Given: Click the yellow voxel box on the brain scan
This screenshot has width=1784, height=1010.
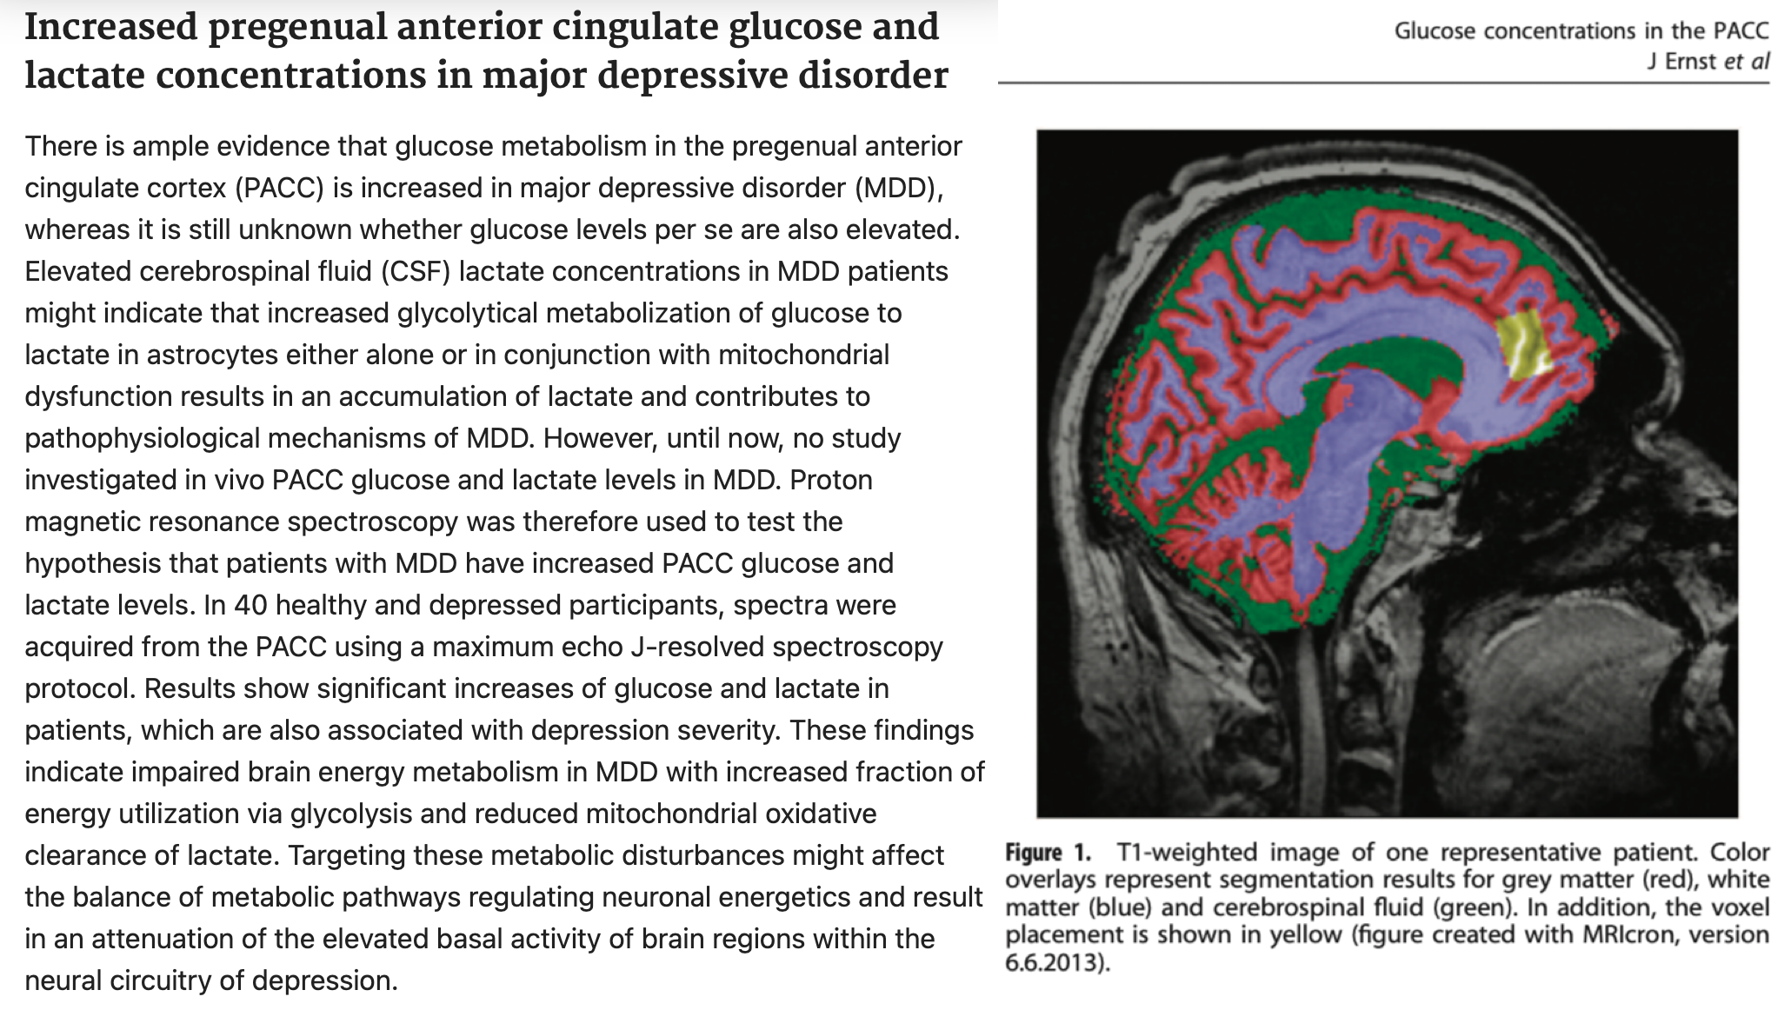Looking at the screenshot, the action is pos(1524,346).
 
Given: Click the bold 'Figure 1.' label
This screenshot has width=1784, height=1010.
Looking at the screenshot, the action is pos(1047,852).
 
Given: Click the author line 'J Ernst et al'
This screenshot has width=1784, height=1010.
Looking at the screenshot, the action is pos(1708,61).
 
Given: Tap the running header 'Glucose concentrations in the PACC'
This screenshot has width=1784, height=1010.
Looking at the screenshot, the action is pos(1581,30).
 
